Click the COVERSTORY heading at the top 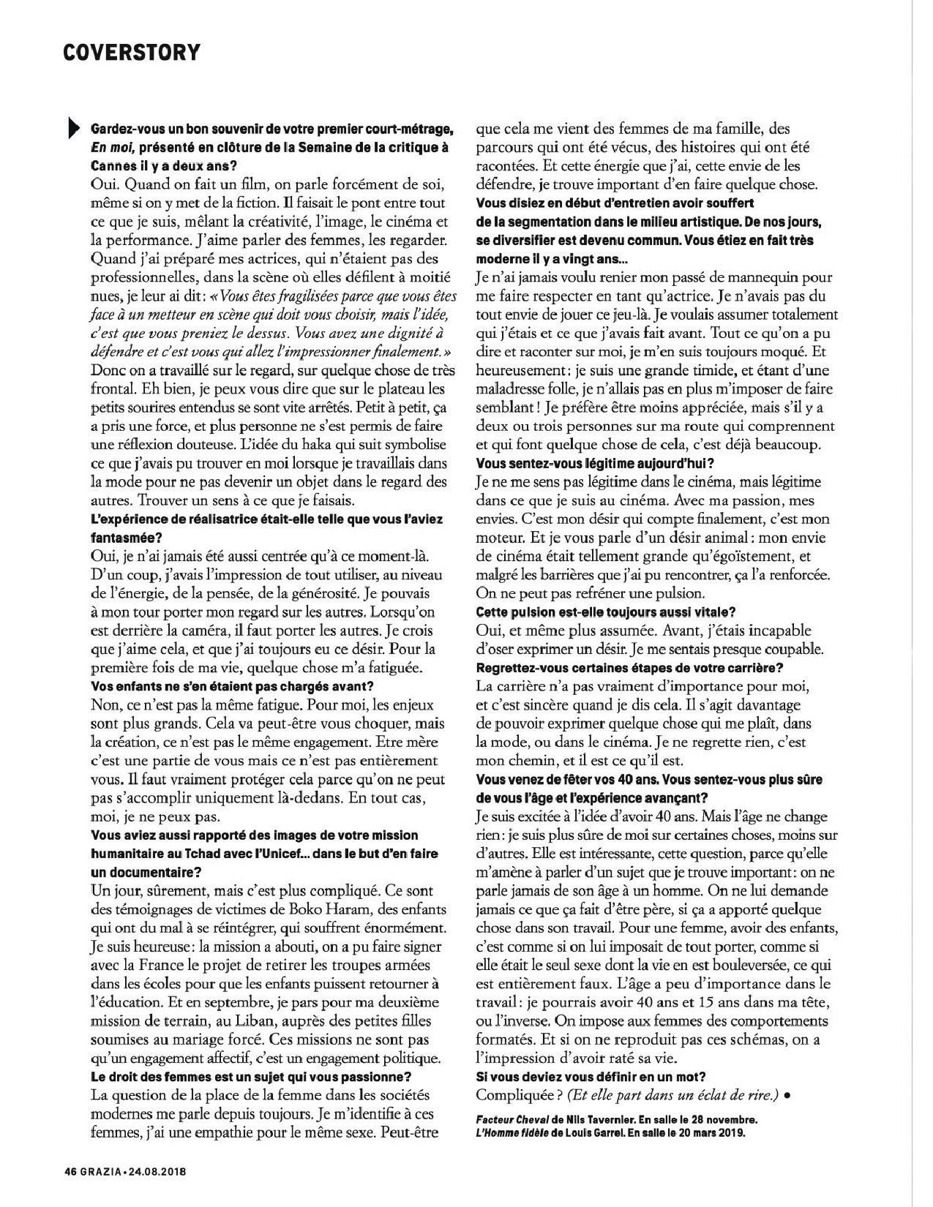131,53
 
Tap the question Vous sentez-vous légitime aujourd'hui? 594,463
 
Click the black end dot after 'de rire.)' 787,1095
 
